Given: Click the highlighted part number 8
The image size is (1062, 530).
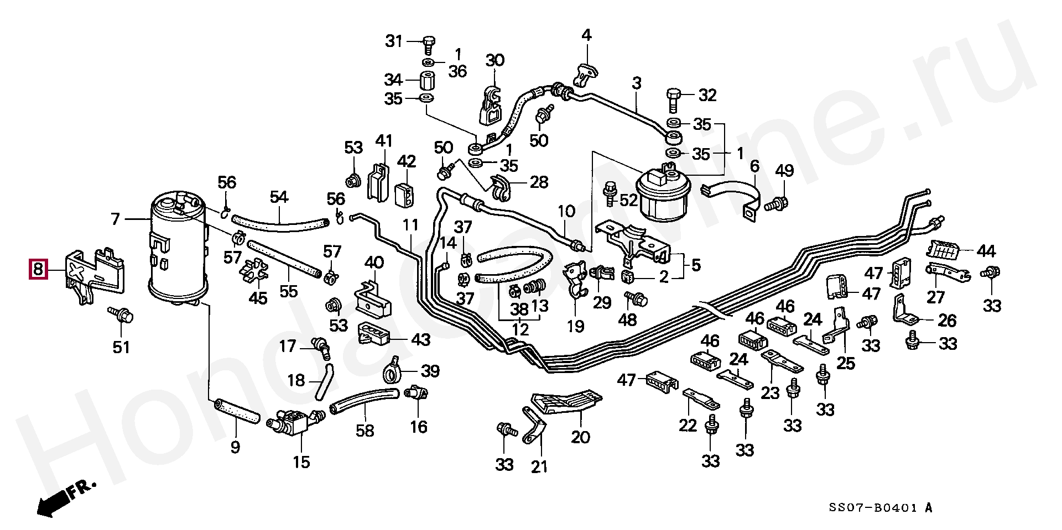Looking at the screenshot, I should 38,270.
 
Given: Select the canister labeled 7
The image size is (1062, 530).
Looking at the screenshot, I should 178,249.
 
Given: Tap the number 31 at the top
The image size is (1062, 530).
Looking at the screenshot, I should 394,41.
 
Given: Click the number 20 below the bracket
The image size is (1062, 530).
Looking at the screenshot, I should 581,437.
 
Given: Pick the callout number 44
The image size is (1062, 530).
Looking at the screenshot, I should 985,252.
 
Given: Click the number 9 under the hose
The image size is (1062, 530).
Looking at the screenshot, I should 235,447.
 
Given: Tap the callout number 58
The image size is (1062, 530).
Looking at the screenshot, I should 365,431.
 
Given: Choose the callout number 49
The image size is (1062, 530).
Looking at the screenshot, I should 784,171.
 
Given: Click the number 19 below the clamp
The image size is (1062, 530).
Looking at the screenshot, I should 576,326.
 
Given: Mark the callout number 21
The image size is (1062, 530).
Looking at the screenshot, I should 539,467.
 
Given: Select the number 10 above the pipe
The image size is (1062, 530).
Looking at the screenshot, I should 566,211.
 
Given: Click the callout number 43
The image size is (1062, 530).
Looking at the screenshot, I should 420,339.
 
